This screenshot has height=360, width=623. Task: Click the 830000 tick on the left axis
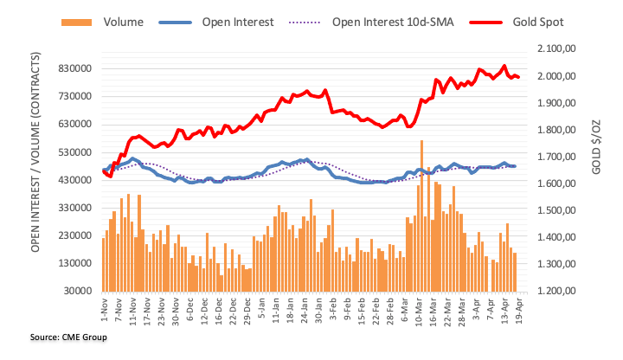[x=73, y=68]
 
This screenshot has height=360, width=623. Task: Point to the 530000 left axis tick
[x=73, y=152]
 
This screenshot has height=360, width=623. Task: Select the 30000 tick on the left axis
[x=76, y=291]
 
